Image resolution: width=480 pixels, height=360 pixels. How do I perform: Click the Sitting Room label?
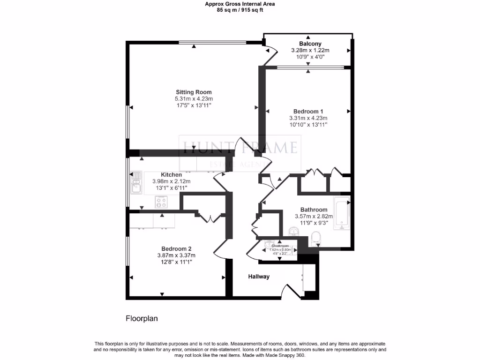click(x=194, y=92)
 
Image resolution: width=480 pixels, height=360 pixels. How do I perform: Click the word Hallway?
click(x=259, y=277)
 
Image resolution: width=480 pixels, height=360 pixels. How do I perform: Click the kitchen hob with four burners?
click(x=162, y=202)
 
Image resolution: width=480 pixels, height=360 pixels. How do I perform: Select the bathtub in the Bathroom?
click(x=342, y=214)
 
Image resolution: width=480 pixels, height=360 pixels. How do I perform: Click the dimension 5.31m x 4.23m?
click(x=194, y=99)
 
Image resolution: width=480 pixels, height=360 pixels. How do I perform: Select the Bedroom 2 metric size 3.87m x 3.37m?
click(x=176, y=255)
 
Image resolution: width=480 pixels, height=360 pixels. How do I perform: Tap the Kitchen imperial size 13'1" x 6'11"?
click(x=171, y=188)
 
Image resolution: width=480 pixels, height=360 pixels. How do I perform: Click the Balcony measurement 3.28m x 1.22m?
click(x=310, y=50)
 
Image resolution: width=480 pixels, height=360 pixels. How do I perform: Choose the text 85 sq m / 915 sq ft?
click(x=240, y=10)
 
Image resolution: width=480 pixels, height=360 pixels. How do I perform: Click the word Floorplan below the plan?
click(x=142, y=318)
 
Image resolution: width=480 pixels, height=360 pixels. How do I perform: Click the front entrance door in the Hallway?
click(x=293, y=291)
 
